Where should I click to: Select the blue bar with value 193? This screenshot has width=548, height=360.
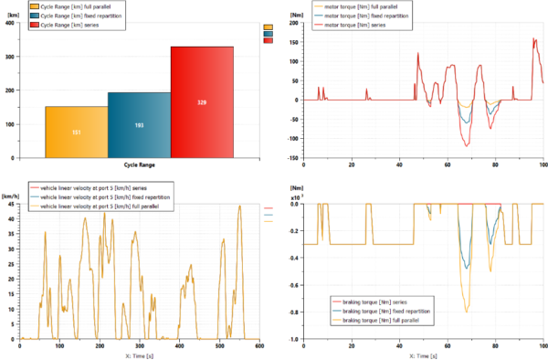pyautogui.click(x=139, y=124)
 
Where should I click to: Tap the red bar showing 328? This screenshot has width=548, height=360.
pyautogui.click(x=202, y=102)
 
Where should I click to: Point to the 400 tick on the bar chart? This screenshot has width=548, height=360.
pyautogui.click(x=10, y=24)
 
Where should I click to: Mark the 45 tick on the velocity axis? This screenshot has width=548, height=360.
pyautogui.click(x=11, y=203)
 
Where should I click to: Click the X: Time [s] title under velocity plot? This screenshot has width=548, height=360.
pyautogui.click(x=139, y=355)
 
